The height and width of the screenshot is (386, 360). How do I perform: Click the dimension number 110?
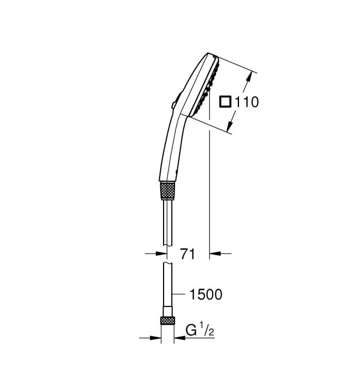[247, 102]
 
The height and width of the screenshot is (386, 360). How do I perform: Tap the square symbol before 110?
[225, 102]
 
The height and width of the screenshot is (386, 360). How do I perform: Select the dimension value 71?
[188, 254]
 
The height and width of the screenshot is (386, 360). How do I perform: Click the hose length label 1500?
[206, 294]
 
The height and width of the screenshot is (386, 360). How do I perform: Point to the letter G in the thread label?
[191, 330]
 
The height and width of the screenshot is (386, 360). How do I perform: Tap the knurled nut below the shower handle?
[167, 191]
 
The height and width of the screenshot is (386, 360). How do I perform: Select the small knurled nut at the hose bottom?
[168, 320]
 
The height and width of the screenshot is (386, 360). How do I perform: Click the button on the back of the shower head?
[176, 100]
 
